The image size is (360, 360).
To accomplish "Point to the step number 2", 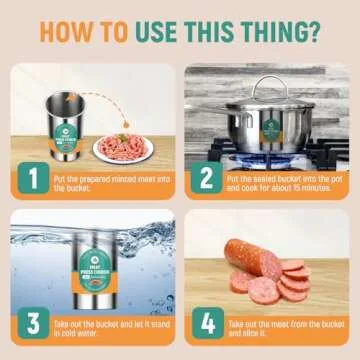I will click(207, 180).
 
